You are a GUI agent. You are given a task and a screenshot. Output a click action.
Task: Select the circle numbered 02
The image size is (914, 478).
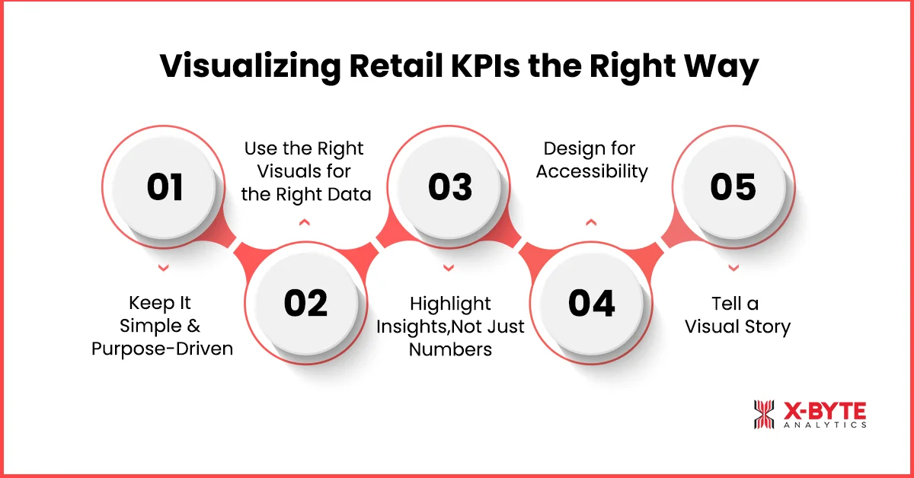pyautogui.click(x=305, y=303)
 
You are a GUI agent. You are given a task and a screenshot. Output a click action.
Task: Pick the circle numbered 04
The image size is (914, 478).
pyautogui.click(x=592, y=303)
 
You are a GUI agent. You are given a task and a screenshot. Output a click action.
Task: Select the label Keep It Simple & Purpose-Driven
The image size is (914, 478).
pyautogui.click(x=161, y=326)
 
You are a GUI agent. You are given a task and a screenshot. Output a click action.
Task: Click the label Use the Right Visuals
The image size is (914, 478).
pyautogui.click(x=305, y=171)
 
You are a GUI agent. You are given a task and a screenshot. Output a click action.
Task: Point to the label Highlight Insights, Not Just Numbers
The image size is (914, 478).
pyautogui.click(x=450, y=326)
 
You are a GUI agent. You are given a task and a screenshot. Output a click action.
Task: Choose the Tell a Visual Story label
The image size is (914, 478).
pyautogui.click(x=737, y=315)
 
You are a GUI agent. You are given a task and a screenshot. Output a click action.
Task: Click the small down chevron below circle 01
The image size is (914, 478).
pyautogui.click(x=162, y=268)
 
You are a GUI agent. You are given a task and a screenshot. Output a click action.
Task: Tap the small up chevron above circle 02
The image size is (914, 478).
pyautogui.click(x=305, y=222)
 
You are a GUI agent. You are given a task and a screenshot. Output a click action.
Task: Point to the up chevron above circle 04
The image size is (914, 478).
pyautogui.click(x=591, y=222)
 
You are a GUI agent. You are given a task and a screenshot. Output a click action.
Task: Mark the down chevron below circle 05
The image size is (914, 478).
pyautogui.click(x=733, y=268)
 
